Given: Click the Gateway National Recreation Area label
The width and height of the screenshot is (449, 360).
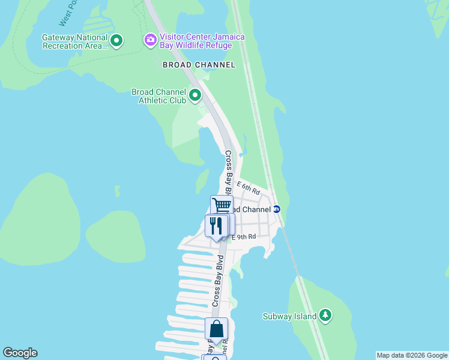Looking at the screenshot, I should point(74,41).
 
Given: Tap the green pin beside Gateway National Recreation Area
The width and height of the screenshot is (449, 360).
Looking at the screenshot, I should point(116,41).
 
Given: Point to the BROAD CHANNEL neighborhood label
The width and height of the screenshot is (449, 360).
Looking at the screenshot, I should point(198,64).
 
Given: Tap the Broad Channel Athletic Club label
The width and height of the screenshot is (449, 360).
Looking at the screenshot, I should point(158,96).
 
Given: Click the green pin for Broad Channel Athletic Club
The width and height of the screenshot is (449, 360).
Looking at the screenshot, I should point(194,95).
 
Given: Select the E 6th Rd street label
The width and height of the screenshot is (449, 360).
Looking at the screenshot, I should point(248,188).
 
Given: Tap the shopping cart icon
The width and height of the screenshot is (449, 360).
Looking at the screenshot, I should point(221,205).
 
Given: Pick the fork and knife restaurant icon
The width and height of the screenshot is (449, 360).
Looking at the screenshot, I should point(214,226).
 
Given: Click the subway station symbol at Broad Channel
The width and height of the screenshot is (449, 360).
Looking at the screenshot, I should point(277,209).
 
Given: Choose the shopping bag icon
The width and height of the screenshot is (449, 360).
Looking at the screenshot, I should point(216,329).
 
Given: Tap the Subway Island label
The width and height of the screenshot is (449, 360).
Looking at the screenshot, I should point(290,316).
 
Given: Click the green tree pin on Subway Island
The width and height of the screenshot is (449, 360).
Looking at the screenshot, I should point(325,315).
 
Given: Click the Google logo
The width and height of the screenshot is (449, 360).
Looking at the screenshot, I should point(20,353).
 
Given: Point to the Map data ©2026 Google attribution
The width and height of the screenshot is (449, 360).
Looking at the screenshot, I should point(412,355).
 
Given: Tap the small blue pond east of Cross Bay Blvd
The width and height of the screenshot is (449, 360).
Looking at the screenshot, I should point(241,154).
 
